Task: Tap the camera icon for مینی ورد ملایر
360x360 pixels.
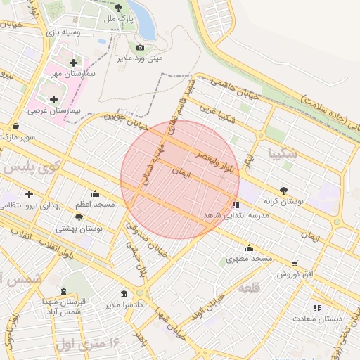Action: (140, 47)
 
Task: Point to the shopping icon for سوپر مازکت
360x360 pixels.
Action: (15, 127)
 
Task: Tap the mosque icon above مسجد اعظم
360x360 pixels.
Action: (96, 193)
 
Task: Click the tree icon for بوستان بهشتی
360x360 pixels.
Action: (79, 218)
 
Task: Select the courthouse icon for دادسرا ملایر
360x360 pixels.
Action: (124, 294)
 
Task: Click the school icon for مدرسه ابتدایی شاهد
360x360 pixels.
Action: (235, 205)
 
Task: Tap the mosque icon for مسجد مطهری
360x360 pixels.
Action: (249, 247)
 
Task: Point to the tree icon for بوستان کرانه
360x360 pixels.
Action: (283, 190)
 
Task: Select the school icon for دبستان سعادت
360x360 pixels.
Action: (317, 307)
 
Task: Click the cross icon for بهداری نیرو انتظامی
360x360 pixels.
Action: (29, 194)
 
